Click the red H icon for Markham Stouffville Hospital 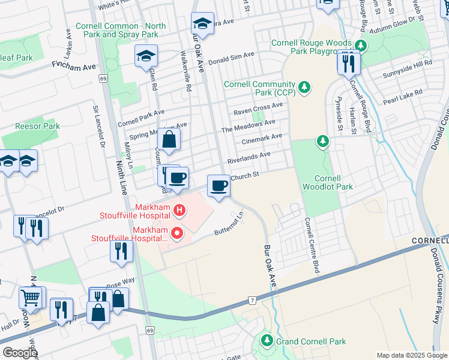click(179, 210)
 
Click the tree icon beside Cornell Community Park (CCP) click(305, 88)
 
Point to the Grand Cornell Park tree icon click(267, 341)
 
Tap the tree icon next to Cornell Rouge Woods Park click(360, 46)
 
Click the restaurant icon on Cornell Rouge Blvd click(349, 61)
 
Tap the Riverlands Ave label click(249, 158)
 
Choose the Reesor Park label click(37, 127)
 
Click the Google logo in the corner click(19, 353)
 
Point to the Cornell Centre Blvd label click(311, 245)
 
